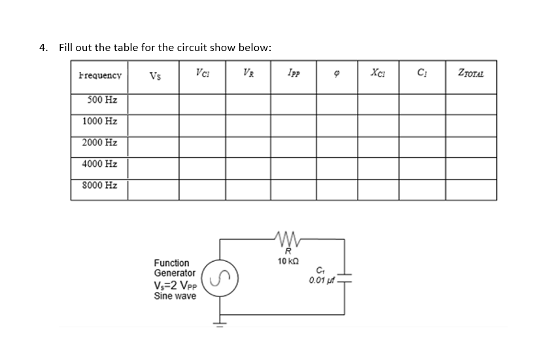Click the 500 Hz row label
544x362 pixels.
pyautogui.click(x=100, y=101)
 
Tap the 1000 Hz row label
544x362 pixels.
pyautogui.click(x=100, y=121)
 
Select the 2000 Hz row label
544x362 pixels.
pyautogui.click(x=100, y=142)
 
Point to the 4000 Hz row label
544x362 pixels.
pyautogui.click(x=100, y=164)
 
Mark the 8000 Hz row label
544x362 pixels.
pyautogui.click(x=100, y=185)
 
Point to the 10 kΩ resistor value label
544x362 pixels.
pyautogui.click(x=285, y=261)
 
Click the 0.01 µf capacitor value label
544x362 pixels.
pyautogui.click(x=320, y=281)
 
